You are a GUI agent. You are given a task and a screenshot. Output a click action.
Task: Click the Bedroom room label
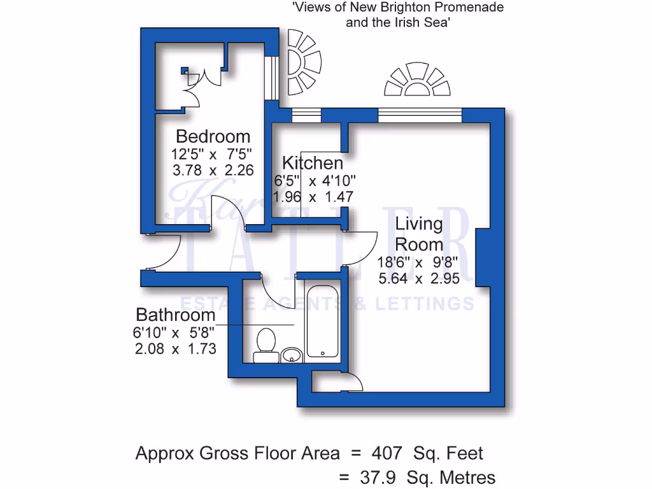pos(213,136)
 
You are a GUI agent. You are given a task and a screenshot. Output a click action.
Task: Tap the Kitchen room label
pos(313,162)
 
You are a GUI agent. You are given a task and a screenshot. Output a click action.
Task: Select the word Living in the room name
pos(418,224)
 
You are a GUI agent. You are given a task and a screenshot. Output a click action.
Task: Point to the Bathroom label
pos(176,315)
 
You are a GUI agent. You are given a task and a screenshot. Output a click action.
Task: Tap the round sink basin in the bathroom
pos(292,354)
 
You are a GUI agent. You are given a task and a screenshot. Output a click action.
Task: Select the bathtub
pos(323,322)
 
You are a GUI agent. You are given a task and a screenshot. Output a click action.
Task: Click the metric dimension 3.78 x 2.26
pos(213,171)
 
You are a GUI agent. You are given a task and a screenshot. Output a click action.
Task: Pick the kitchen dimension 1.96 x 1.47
pos(313,197)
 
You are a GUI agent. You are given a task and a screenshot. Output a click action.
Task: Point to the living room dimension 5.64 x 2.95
pos(418,279)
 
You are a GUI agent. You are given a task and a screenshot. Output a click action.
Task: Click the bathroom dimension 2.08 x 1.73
pos(175,349)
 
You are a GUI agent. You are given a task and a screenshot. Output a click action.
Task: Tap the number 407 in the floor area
pos(388,453)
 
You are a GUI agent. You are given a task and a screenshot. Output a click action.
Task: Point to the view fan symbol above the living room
pos(417,81)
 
